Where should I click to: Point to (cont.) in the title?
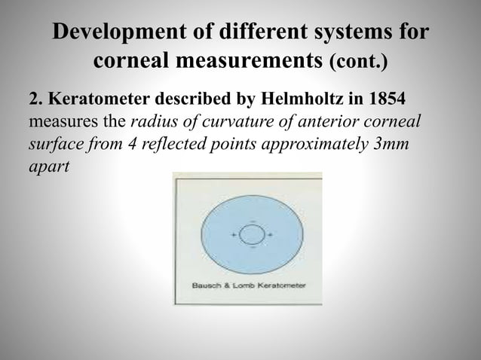click(x=359, y=61)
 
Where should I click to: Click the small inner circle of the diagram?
click(x=252, y=234)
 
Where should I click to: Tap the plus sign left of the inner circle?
click(x=234, y=235)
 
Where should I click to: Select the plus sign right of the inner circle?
click(x=270, y=235)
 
